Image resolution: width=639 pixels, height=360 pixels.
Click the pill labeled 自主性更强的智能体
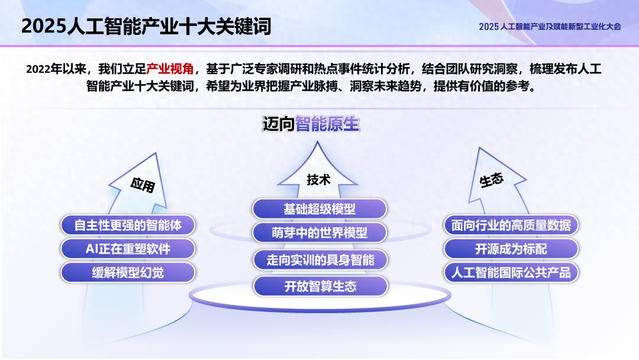128,225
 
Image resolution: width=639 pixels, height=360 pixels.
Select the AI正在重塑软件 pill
128,249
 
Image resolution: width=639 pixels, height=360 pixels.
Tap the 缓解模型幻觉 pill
128,272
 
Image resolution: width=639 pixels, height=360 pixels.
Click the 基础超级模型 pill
319,209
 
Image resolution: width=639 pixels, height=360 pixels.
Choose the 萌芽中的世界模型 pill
319,233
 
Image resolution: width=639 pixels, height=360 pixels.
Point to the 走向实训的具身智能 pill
320,259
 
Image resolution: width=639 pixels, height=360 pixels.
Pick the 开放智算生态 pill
320,287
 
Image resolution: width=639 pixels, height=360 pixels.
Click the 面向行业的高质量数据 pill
511,225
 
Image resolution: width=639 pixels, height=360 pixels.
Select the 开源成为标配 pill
511,249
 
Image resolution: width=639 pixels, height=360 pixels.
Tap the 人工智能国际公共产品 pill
511,272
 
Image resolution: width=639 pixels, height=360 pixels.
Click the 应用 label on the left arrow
142,185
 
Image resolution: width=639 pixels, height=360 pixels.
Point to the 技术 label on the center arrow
318,179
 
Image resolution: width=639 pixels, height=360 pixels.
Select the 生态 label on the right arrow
491,180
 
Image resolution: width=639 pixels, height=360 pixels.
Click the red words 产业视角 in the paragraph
170,69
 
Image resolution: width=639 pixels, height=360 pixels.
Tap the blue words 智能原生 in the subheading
327,124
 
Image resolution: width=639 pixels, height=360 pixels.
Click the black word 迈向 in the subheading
279,124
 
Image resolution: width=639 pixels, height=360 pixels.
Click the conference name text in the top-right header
550,26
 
